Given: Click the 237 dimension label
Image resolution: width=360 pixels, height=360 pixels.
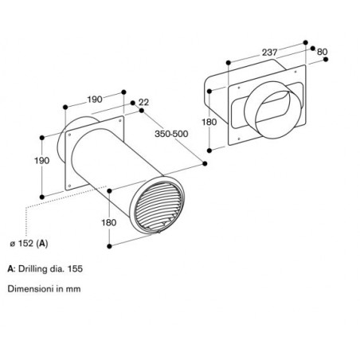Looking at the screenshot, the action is click(269, 53).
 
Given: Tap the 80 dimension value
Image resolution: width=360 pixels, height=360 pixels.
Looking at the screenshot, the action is click(322, 52).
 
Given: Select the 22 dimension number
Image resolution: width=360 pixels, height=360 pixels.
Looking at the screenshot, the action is click(143, 102).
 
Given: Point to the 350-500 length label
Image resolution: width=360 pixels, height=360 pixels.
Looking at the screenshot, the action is click(171, 134).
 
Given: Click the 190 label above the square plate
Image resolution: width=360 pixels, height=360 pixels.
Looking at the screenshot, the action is click(95, 100).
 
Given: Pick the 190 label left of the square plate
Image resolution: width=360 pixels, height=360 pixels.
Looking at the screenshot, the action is click(42, 160).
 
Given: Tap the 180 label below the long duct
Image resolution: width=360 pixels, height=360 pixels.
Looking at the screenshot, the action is click(109, 222).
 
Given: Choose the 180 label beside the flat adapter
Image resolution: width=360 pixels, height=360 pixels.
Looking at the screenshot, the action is click(209, 122).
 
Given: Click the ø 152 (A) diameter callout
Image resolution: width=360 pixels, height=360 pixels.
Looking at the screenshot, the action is click(29, 243).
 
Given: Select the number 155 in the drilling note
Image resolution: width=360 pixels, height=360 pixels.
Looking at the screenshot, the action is click(75, 268).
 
